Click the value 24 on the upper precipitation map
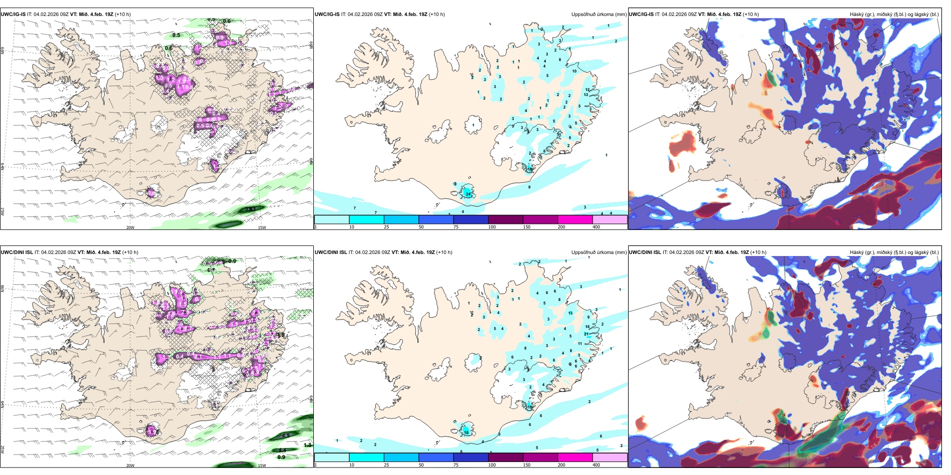point(468,193)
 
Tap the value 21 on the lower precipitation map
point(586,334)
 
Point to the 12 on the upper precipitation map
point(587,89)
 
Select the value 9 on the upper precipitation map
point(529,187)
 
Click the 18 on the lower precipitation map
point(466,432)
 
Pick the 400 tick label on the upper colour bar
point(596,227)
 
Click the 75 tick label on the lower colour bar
point(456,465)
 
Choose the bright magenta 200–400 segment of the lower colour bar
point(575,457)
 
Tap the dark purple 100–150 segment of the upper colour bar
point(506,219)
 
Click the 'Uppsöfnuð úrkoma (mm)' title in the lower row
point(599,252)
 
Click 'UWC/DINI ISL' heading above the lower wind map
point(17,252)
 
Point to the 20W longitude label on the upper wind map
point(130,227)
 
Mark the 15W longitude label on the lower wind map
point(261,465)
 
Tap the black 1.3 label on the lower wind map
point(307,445)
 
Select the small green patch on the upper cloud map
point(770,78)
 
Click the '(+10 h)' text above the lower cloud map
point(758,252)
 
